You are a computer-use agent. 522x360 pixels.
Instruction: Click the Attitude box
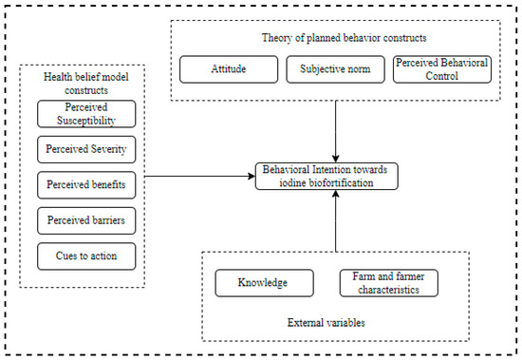click(x=229, y=69)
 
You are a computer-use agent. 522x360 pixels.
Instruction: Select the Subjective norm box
click(x=335, y=69)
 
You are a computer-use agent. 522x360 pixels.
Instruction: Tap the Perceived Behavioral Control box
click(x=442, y=69)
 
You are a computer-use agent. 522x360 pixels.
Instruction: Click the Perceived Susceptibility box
click(x=86, y=114)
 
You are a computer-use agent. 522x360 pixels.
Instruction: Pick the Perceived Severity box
click(x=86, y=149)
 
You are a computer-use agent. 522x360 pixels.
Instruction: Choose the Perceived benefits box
click(x=86, y=185)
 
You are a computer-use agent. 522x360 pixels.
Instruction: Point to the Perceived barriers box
click(x=86, y=220)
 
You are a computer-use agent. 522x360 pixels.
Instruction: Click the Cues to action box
click(x=86, y=256)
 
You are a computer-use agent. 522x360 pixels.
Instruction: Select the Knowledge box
click(x=265, y=283)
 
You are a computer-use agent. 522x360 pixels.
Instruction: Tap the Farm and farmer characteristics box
click(x=389, y=283)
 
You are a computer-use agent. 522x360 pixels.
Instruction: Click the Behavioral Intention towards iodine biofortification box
click(x=326, y=177)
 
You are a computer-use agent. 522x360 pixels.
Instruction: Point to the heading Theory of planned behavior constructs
click(x=344, y=38)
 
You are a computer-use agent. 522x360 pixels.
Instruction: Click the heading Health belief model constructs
click(x=86, y=84)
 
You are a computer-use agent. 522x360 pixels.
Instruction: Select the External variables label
click(x=326, y=323)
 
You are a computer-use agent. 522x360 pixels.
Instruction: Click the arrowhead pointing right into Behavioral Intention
click(x=252, y=177)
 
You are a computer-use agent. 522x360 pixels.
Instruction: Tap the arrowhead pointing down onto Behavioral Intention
click(x=336, y=159)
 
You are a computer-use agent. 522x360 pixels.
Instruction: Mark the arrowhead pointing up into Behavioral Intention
click(x=336, y=194)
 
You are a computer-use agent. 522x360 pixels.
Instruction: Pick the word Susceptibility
click(x=86, y=121)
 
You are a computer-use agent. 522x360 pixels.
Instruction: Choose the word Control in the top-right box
click(x=441, y=76)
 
